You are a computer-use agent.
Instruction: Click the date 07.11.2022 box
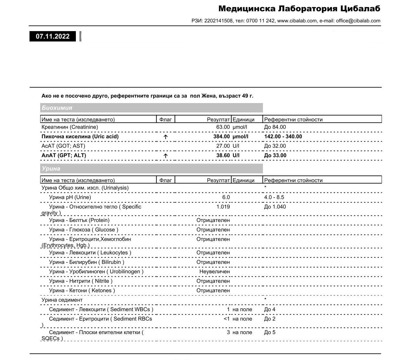pos(53,36)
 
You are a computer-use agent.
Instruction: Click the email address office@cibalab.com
pos(358,21)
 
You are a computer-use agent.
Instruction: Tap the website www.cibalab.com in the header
pos(297,21)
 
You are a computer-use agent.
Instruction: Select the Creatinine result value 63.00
pos(223,127)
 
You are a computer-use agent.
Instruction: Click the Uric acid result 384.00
pos(221,136)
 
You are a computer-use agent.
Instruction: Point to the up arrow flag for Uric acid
pos(165,137)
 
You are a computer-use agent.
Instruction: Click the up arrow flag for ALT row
pos(165,156)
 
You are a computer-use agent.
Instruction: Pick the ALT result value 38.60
pos(223,155)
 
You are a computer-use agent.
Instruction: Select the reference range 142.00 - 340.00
pos(283,136)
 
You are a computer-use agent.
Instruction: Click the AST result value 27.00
pos(223,146)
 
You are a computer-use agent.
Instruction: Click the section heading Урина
pos(51,168)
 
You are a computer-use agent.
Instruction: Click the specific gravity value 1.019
pos(223,207)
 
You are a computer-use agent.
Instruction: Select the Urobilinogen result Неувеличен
pos(214,272)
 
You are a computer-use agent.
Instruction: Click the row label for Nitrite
pos(81,281)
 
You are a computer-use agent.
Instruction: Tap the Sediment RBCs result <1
pos(227,319)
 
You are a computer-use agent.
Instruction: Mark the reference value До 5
pos(270,332)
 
